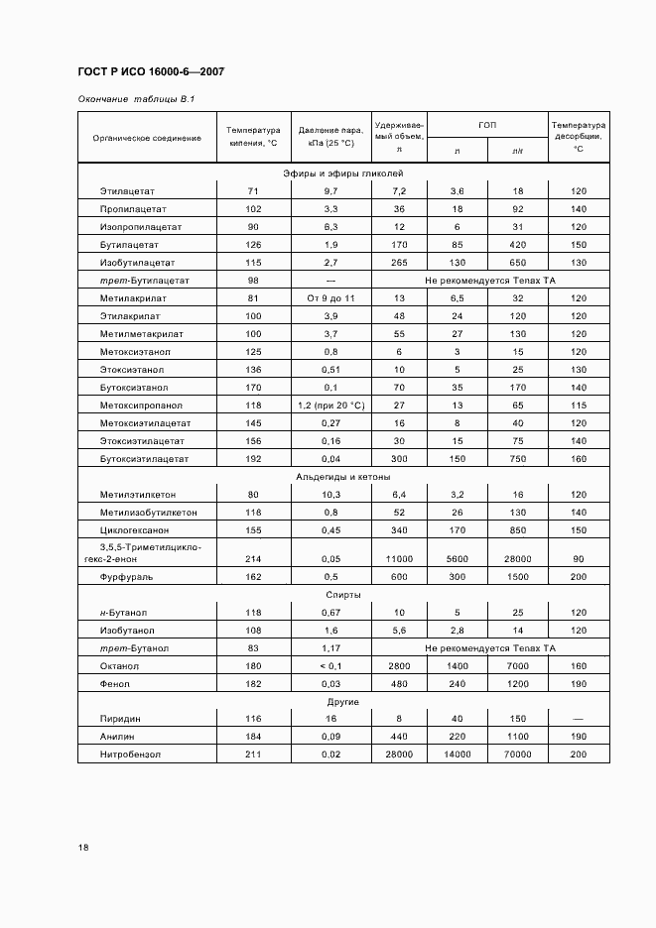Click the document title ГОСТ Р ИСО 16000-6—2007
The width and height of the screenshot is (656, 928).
[150, 72]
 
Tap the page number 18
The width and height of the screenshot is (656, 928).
[83, 847]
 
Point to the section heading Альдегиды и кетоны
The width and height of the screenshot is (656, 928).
[342, 477]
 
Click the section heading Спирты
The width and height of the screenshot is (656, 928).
[342, 595]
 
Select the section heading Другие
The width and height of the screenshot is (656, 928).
[342, 702]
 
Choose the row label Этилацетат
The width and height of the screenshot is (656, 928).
[128, 190]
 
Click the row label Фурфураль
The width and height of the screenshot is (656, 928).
[126, 577]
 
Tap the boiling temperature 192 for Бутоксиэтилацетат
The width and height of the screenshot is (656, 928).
[253, 459]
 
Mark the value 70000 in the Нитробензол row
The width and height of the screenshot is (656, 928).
[517, 755]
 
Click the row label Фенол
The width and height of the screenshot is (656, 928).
[116, 684]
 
